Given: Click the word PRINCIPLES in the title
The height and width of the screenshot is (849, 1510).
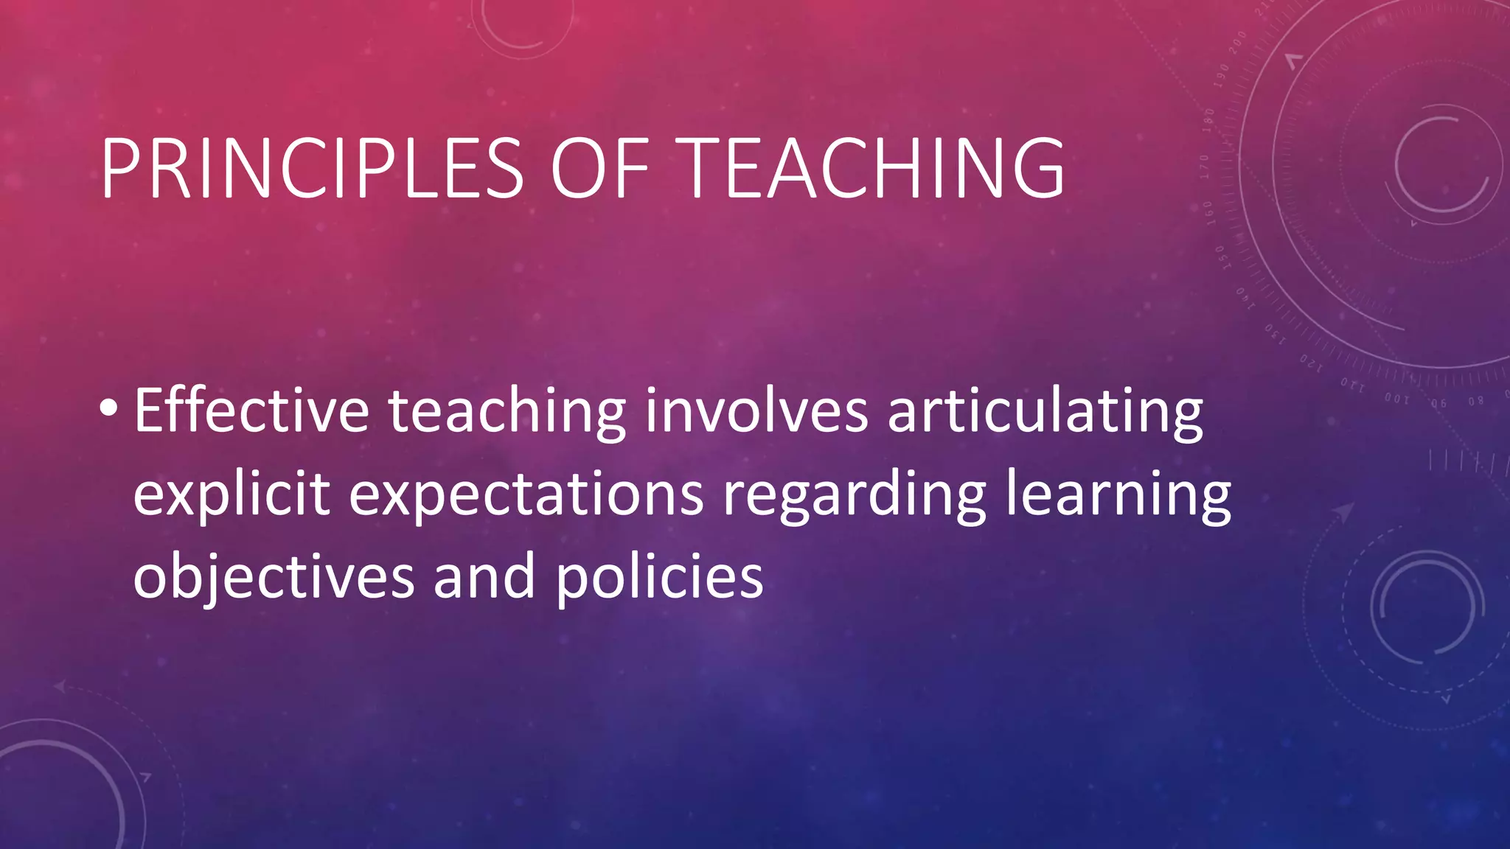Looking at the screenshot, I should [312, 168].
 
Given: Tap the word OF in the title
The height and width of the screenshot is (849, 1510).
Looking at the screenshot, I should [599, 168].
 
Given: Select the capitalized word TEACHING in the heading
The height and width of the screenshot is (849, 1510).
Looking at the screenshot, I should [874, 168].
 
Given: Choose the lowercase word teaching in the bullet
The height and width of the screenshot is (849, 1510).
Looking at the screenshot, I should [507, 413].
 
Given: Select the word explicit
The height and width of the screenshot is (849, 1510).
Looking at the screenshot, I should [232, 495].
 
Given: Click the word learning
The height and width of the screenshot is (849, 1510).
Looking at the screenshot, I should [1118, 495].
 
